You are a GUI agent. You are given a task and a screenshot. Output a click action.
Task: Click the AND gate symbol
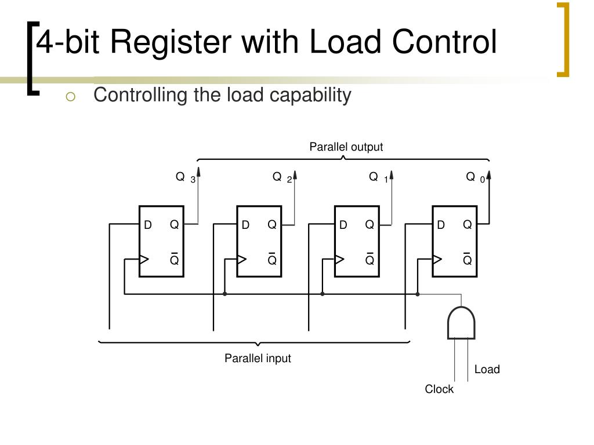coord(461,323)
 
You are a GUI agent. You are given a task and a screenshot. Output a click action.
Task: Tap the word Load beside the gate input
coord(487,370)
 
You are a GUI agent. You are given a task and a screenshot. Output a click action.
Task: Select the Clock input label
coord(439,389)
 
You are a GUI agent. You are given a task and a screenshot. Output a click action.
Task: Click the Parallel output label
coord(346,147)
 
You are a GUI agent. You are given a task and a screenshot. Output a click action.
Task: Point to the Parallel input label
coord(258,359)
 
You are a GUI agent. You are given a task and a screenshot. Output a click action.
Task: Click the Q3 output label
coord(185,177)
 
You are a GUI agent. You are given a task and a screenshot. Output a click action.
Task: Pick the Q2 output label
coord(282,177)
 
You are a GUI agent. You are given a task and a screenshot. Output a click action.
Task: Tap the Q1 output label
coord(378,177)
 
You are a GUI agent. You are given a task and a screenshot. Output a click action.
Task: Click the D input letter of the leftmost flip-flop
coord(148,225)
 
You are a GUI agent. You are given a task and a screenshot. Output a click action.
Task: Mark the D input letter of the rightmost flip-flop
coord(441,225)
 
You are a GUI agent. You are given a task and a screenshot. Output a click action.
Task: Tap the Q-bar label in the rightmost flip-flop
coord(467,258)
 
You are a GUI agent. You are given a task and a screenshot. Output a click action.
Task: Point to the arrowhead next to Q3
coord(198,172)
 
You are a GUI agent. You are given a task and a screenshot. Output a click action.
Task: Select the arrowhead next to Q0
coord(489,172)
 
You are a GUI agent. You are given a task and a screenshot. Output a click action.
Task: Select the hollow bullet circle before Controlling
coord(71,97)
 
